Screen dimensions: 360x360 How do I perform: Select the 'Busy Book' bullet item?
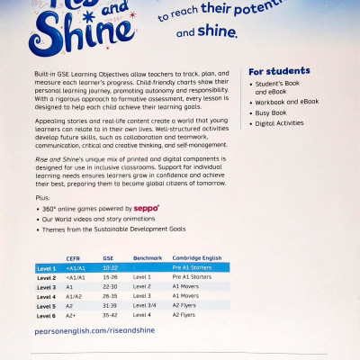273,113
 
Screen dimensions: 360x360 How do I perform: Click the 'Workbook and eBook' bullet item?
286,102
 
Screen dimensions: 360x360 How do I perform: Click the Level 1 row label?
47,268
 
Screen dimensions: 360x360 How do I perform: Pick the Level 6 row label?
47,316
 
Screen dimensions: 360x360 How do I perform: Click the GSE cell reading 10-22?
111,268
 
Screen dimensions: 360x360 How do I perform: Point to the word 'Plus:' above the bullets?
43,195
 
